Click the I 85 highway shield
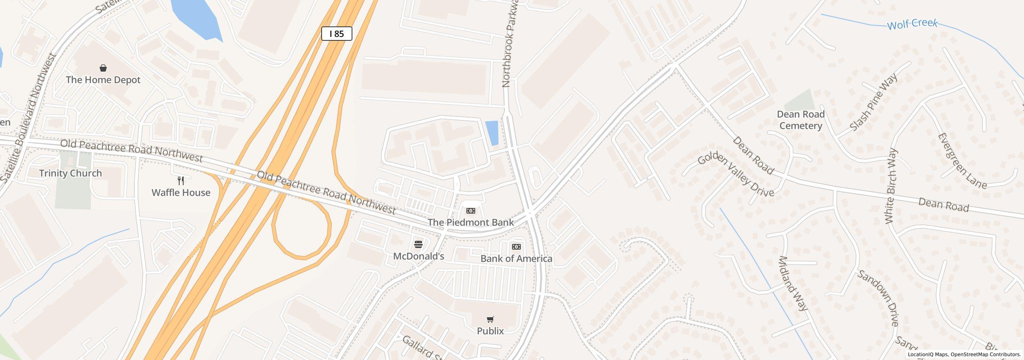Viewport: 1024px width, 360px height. pyautogui.click(x=336, y=34)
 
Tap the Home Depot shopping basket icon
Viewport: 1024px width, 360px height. pyautogui.click(x=103, y=68)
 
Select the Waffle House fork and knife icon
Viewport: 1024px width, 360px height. pyautogui.click(x=181, y=181)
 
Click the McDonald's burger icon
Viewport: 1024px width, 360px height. pyautogui.click(x=418, y=244)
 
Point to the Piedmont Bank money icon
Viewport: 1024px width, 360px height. pyautogui.click(x=471, y=211)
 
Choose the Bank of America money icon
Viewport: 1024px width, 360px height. pyautogui.click(x=516, y=247)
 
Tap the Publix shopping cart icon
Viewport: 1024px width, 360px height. pyautogui.click(x=490, y=319)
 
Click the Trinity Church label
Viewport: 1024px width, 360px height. pyautogui.click(x=70, y=173)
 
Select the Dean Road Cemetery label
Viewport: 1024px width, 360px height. pyautogui.click(x=800, y=120)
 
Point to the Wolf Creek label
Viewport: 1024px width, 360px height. pyautogui.click(x=912, y=24)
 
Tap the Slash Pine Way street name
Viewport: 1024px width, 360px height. pyautogui.click(x=873, y=102)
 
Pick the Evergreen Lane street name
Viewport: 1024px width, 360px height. pyautogui.click(x=962, y=161)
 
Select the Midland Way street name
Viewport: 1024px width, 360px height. pyautogui.click(x=792, y=283)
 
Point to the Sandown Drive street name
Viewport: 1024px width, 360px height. pyautogui.click(x=878, y=298)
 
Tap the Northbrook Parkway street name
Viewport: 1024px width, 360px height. pyautogui.click(x=510, y=44)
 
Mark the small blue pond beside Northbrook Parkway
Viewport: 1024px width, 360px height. pyautogui.click(x=492, y=133)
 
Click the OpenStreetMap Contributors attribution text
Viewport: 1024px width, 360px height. pyautogui.click(x=986, y=354)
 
